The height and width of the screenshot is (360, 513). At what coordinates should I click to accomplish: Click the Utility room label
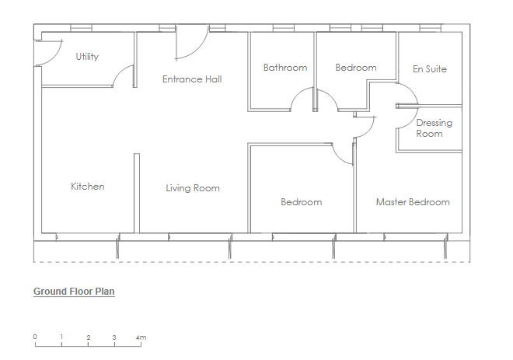[87, 57]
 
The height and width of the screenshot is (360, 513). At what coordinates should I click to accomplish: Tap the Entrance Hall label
[192, 79]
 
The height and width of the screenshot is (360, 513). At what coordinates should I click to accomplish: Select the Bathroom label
[285, 68]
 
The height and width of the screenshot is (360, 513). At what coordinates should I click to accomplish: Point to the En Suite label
[430, 69]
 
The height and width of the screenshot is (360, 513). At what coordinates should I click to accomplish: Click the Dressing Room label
[434, 128]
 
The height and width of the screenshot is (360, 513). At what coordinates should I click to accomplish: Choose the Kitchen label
[88, 187]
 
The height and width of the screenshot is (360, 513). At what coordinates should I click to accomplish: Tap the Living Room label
[193, 188]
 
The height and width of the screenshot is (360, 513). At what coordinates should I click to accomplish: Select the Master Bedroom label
[413, 202]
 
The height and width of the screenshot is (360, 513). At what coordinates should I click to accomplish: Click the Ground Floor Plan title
[74, 292]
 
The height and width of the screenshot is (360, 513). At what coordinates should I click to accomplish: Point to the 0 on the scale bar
[35, 337]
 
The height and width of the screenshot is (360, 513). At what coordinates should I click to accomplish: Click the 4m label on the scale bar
[141, 337]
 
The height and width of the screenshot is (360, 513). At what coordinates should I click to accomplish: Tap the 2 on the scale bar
[89, 337]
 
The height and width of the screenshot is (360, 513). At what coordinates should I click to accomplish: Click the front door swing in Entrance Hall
[192, 43]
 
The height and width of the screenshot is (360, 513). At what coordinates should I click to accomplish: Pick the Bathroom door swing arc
[302, 99]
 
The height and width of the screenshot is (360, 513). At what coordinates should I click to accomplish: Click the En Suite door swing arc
[407, 94]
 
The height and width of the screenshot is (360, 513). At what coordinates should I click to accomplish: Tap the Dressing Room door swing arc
[407, 117]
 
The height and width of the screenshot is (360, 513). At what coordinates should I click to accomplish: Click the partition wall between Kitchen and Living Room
[137, 193]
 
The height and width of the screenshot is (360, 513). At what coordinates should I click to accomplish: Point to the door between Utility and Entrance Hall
[124, 76]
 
